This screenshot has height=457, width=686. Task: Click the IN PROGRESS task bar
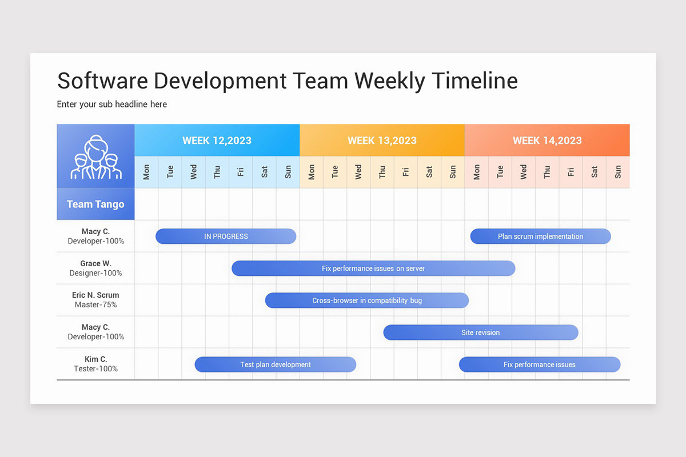point(226,236)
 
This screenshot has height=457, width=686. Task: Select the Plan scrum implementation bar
point(540,236)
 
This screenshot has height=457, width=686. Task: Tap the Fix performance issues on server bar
point(373,268)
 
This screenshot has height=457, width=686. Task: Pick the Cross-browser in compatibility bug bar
point(366,300)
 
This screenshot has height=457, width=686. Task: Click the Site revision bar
point(480,332)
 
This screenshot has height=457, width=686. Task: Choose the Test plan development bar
point(275,364)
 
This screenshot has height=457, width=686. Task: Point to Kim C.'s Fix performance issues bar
point(539,364)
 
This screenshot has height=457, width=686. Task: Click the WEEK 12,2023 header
point(217,141)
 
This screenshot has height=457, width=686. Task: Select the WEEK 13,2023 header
point(382,141)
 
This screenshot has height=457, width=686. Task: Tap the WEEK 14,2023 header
point(547,141)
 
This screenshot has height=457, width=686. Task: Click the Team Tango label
point(95,205)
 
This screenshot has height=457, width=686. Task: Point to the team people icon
point(95,157)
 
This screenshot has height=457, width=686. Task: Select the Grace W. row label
point(95,268)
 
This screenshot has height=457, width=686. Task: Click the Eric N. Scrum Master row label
point(95,300)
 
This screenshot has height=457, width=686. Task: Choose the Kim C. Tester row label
point(95,364)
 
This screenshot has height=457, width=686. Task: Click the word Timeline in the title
point(474,81)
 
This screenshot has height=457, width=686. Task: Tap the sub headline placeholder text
point(112,105)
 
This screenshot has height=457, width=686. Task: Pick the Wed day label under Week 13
point(358,172)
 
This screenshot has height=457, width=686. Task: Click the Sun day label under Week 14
point(618,172)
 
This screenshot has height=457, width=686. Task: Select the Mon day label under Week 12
point(146,172)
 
